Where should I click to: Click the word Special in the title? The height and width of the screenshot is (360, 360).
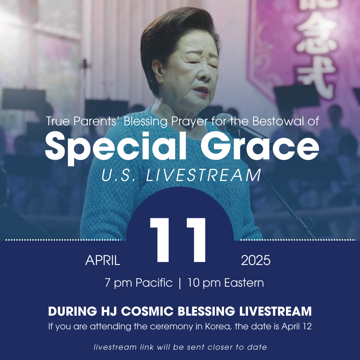[x=115, y=147]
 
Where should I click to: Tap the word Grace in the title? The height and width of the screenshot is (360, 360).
[x=260, y=146]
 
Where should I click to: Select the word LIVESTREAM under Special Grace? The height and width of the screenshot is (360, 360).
[x=203, y=175]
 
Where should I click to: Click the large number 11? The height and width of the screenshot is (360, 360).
[x=178, y=240]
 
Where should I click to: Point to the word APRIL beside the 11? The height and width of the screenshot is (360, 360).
[x=103, y=260]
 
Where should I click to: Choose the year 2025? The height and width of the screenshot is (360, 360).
[x=256, y=260]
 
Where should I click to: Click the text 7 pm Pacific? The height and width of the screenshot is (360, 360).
[x=138, y=283]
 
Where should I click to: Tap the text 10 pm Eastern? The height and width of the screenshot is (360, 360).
[x=226, y=283]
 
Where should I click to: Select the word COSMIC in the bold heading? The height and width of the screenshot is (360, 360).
[x=147, y=311]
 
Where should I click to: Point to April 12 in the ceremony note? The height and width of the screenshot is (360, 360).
[x=297, y=326]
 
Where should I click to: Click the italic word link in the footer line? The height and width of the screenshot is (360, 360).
[x=147, y=347]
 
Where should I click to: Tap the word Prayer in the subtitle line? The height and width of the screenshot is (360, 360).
[x=189, y=121]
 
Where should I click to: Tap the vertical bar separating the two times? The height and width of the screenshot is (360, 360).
[x=180, y=283]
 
